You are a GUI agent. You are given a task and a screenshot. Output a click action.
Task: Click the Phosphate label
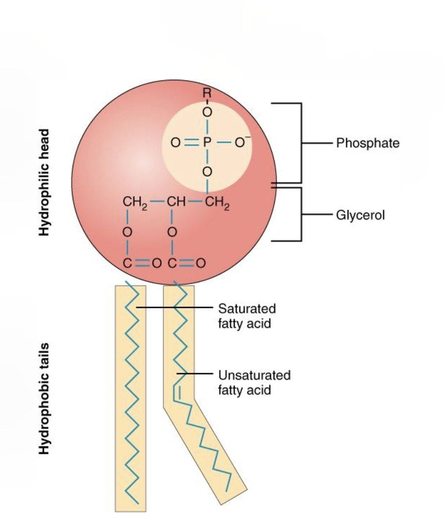coord(368,143)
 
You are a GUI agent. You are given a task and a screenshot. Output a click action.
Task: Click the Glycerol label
coord(360,215)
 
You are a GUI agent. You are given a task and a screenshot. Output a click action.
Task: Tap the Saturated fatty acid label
coord(247,316)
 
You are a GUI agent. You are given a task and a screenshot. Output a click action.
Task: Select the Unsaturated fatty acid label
coord(254,382)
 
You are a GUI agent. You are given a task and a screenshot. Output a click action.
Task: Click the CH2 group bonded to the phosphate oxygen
coord(217,203)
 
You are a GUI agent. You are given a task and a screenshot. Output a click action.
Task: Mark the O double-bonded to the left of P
coord(176,143)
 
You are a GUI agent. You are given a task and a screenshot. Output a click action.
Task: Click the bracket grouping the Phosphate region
coord(301,143)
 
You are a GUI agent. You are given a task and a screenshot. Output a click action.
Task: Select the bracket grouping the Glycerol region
coord(301,214)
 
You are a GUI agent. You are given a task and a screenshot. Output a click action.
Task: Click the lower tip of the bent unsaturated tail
coord(227,490)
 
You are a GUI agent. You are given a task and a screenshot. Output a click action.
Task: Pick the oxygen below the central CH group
coord(173,232)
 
